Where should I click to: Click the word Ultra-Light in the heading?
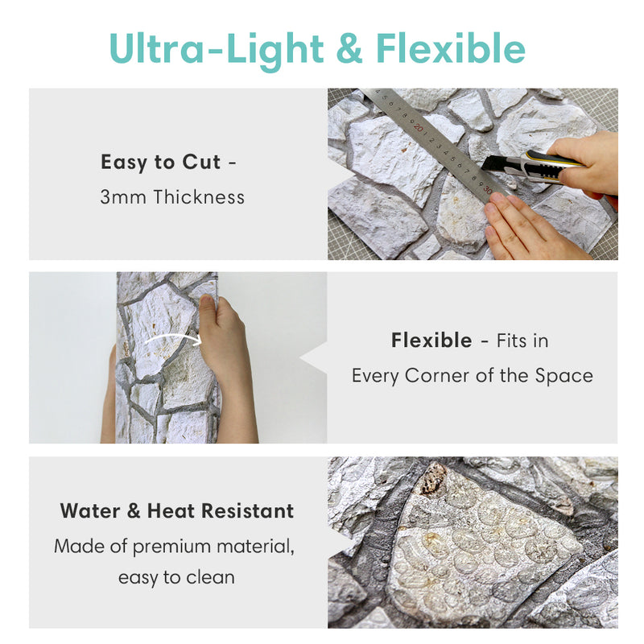[x=217, y=49]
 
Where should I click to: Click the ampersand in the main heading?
[x=349, y=48]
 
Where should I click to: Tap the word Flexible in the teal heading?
[x=451, y=47]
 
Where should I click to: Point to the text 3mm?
[x=123, y=197]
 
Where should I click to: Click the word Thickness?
[x=199, y=196]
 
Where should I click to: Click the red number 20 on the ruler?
[x=419, y=127]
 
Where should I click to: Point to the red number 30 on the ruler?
[x=487, y=189]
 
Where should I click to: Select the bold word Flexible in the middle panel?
[x=431, y=340]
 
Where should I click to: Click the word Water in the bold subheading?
[x=90, y=511]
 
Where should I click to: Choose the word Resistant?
[x=248, y=511]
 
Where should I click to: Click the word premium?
[x=171, y=547]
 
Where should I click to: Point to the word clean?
[x=210, y=577]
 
